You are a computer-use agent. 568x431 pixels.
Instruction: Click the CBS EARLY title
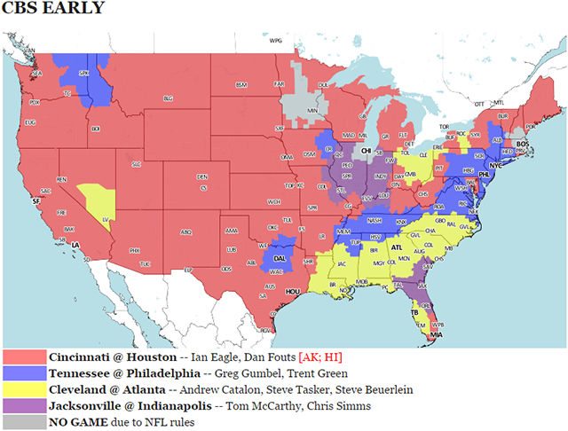[53, 10]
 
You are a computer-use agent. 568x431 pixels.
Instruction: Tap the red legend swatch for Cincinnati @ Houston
[25, 356]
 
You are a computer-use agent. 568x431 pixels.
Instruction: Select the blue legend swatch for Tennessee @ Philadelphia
[25, 372]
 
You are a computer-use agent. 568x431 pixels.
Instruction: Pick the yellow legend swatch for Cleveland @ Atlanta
[25, 389]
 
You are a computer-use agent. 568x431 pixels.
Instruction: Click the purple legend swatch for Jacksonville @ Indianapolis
[25, 405]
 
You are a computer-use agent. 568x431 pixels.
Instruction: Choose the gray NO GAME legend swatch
[25, 422]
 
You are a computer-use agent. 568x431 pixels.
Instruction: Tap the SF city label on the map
[36, 202]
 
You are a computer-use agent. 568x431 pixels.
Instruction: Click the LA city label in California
[77, 245]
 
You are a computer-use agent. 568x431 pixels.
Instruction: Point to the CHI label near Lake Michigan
[366, 151]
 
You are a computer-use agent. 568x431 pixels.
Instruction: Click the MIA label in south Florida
[436, 335]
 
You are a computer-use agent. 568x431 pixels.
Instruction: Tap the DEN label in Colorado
[202, 176]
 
